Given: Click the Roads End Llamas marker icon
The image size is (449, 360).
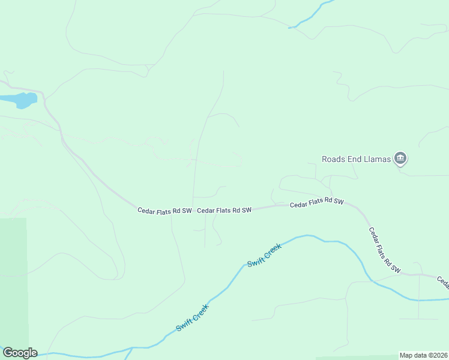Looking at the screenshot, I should point(400,159).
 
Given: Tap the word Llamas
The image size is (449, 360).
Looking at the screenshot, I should point(377,159).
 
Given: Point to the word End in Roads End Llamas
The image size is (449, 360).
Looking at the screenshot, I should point(355,159).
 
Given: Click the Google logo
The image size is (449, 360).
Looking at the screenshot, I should point(20,353).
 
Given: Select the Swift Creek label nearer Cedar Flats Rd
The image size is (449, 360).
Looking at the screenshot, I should point(264,255).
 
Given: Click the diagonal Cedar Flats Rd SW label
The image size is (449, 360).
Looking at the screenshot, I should point(384,250).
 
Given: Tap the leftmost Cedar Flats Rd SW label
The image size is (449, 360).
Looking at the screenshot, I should point(164,211).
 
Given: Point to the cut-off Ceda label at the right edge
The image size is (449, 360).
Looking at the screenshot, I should point(442,281).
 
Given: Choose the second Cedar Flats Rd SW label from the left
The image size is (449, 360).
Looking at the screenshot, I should point(224,211).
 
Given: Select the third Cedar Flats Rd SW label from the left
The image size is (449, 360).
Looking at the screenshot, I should point(316,203).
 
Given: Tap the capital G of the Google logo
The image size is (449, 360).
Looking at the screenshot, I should point(7,353).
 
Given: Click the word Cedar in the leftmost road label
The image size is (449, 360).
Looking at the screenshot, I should point(146,211).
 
